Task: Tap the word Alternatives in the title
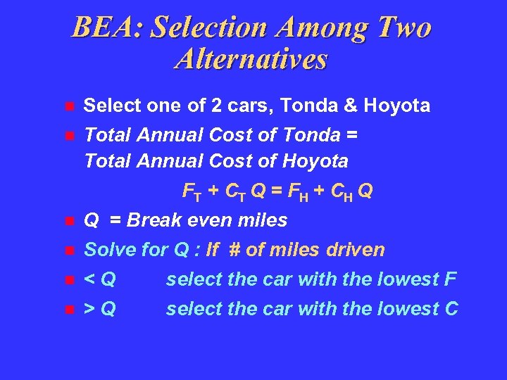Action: (251, 59)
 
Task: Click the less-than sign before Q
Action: (89, 280)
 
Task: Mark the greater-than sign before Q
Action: (89, 309)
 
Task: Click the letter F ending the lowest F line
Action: (451, 279)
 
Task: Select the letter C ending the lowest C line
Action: (451, 308)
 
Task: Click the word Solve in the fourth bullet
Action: (106, 250)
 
